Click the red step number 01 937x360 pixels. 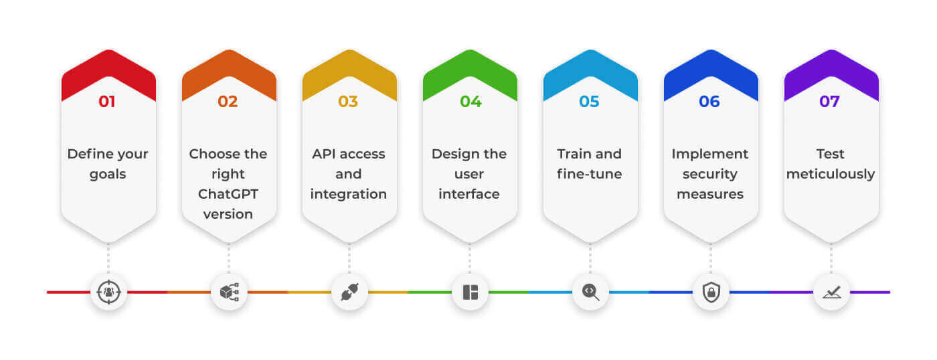(x=106, y=101)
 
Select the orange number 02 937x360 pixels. (x=228, y=101)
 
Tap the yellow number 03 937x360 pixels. (x=348, y=101)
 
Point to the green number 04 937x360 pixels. (x=471, y=101)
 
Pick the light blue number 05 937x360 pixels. (x=589, y=101)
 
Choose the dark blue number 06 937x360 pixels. (x=709, y=101)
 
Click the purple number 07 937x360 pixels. (x=829, y=101)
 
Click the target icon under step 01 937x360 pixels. (x=108, y=292)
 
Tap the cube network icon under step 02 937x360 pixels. (x=229, y=292)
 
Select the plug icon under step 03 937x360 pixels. (x=349, y=292)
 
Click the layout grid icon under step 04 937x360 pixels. (x=470, y=292)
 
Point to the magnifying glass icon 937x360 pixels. (x=590, y=292)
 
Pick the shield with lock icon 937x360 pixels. (x=711, y=292)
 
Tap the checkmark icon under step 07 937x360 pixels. (x=831, y=292)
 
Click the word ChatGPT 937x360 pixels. (x=228, y=194)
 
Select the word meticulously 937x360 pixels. (x=831, y=174)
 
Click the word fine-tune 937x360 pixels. (x=589, y=174)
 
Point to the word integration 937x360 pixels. (x=349, y=195)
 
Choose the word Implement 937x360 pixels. (x=710, y=155)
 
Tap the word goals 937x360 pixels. (x=108, y=175)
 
